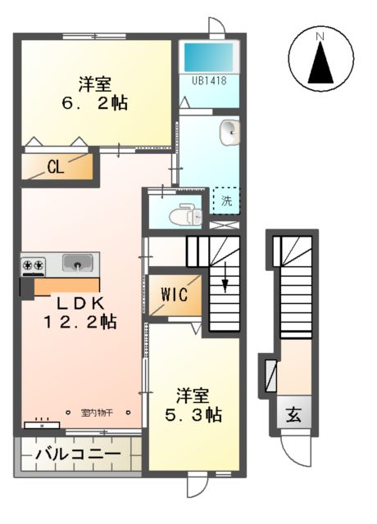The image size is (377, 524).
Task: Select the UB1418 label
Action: point(209,80)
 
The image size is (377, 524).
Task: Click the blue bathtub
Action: point(208,55)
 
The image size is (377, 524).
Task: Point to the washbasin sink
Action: point(230,130)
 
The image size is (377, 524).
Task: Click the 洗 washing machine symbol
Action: point(225,199)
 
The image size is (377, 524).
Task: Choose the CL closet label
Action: point(55,168)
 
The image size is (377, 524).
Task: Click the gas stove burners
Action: point(34,264)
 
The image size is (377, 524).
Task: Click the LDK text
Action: point(79,301)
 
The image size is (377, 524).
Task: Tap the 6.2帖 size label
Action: point(95,103)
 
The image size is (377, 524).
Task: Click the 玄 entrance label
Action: point(293,415)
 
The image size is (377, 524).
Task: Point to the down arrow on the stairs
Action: point(225,284)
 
